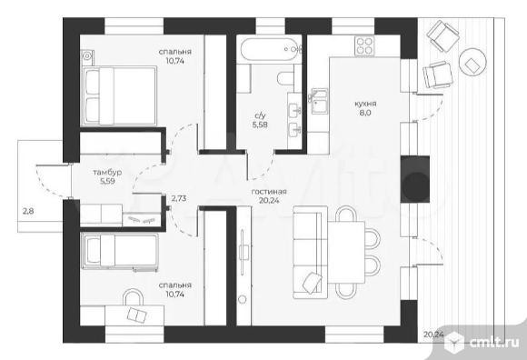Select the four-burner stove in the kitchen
[365, 45]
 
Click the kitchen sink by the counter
[320, 101]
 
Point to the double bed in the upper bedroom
[120, 95]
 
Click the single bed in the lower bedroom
[120, 252]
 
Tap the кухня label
[365, 104]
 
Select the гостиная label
[269, 192]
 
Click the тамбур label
[107, 173]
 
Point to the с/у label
[260, 116]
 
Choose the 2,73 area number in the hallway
[179, 198]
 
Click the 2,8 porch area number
[28, 212]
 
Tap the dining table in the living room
[346, 252]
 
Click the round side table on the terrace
[472, 63]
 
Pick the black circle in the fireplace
[416, 185]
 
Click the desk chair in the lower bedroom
[133, 296]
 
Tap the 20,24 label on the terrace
[433, 335]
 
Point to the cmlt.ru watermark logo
[481, 342]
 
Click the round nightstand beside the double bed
[87, 55]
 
